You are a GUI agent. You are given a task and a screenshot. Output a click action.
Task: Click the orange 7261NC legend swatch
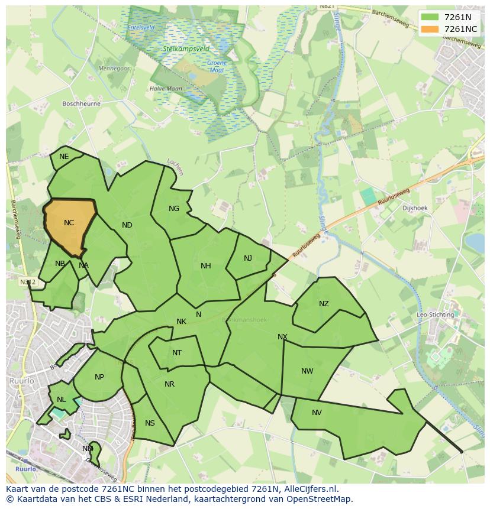click(430, 29)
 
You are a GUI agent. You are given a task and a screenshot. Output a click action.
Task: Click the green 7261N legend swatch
click(430, 17)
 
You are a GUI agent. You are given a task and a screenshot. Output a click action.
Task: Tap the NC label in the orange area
click(69, 223)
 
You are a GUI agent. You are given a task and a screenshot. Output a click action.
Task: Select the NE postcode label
click(64, 157)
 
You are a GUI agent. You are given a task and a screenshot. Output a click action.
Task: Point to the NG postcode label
click(174, 208)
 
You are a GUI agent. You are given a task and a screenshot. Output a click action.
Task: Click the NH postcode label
click(206, 265)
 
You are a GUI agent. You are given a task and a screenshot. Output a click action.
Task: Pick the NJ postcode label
click(248, 258)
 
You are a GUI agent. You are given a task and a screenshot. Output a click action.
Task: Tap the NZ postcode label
click(324, 304)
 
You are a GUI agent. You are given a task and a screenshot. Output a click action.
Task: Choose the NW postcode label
click(307, 371)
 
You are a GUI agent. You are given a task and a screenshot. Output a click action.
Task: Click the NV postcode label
click(317, 413)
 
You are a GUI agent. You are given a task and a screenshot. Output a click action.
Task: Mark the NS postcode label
click(150, 423)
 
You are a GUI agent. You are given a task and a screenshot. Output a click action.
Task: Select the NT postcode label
click(177, 353)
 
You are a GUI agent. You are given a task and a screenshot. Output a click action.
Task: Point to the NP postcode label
click(99, 377)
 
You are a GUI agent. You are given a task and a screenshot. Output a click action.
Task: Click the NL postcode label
click(62, 400)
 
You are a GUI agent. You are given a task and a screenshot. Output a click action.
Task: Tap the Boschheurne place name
click(82, 103)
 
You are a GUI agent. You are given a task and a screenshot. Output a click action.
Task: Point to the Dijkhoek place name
click(415, 208)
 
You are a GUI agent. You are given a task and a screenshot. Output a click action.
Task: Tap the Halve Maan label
click(166, 89)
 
